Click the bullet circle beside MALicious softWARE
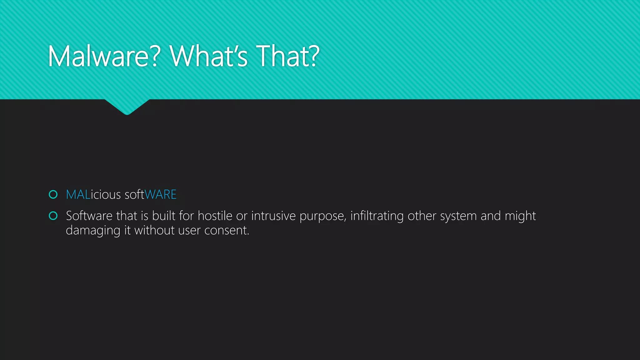pyautogui.click(x=53, y=195)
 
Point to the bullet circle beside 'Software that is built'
pyautogui.click(x=53, y=216)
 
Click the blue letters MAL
pyautogui.click(x=78, y=195)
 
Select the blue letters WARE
pyautogui.click(x=161, y=195)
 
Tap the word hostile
pyautogui.click(x=215, y=216)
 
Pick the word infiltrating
pyautogui.click(x=377, y=216)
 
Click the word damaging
pyautogui.click(x=93, y=231)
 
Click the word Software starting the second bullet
pyautogui.click(x=89, y=216)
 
